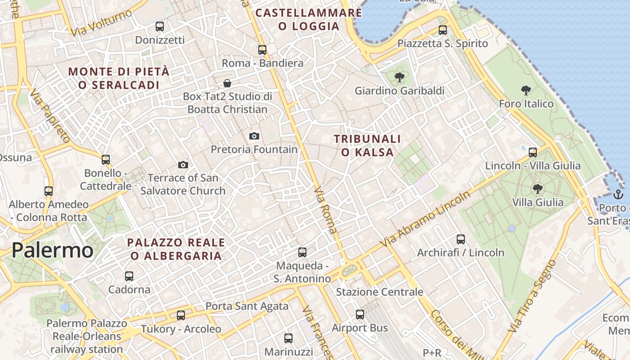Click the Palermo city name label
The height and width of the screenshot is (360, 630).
[52, 250]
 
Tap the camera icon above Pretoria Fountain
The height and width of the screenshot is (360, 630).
[254, 136]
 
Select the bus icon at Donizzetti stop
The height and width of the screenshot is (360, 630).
[160, 26]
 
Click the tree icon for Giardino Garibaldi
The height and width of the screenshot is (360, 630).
[399, 77]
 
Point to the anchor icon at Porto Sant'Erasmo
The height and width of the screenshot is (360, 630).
[618, 194]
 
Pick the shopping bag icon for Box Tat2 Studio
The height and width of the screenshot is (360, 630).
[227, 83]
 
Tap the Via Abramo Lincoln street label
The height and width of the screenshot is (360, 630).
[425, 219]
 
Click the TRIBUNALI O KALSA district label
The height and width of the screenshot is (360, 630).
[367, 145]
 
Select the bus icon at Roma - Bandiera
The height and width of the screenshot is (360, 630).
[262, 50]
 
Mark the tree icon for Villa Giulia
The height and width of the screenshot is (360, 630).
[537, 189]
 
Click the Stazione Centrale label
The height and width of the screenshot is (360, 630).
[379, 292]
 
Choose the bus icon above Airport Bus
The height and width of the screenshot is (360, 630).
[360, 315]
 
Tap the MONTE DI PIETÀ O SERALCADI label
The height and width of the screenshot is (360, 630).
[119, 78]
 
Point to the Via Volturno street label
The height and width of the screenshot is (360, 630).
[101, 22]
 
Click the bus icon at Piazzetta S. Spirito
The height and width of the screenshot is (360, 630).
[443, 30]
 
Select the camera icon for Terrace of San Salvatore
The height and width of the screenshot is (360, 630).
[183, 165]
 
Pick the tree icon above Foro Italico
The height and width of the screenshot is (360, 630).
[526, 90]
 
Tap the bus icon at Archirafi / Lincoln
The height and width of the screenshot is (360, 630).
[460, 239]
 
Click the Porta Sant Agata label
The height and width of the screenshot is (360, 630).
[247, 306]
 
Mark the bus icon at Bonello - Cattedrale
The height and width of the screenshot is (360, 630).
[106, 160]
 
